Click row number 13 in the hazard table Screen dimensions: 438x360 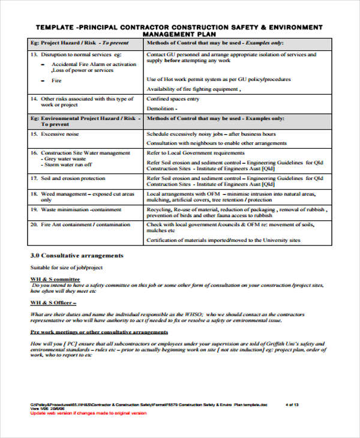(x=34, y=55)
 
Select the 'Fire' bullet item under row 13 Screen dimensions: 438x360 (x=56, y=80)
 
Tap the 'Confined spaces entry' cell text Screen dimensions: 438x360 (x=173, y=99)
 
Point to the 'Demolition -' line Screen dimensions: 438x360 (x=162, y=109)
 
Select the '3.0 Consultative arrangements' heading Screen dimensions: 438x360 (x=77, y=256)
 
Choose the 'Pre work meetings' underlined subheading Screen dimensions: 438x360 (x=90, y=332)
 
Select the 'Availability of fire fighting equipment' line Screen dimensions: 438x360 (x=193, y=89)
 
